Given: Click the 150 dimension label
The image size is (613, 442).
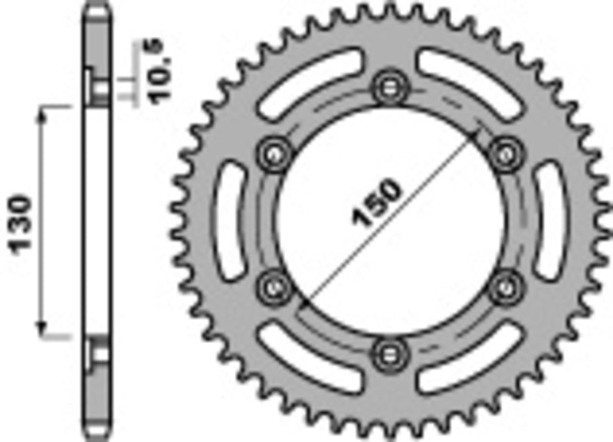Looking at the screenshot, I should click(375, 205).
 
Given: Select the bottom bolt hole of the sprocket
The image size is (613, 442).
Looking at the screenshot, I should click(389, 352).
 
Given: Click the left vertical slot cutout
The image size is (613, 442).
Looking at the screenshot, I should click(229, 220).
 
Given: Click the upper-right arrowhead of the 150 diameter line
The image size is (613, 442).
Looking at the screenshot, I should click(480, 136).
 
